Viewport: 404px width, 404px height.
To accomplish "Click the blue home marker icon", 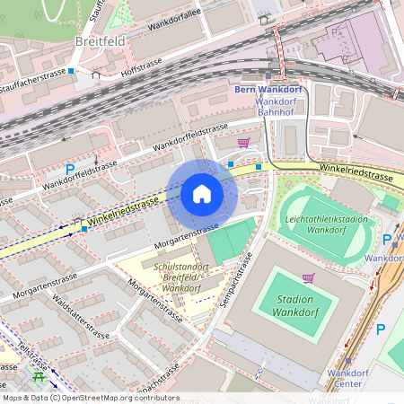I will (202, 194).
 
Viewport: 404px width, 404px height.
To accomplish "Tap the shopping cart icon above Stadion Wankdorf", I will (308, 278).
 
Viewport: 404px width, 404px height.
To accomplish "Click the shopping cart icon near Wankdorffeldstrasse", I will (243, 142).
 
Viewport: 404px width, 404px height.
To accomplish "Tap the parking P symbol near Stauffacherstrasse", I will (69, 170).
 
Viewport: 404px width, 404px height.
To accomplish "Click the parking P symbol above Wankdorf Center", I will (380, 329).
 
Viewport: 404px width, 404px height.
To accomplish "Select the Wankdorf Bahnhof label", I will (282, 107).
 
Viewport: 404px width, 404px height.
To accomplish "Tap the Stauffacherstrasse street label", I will (33, 73).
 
